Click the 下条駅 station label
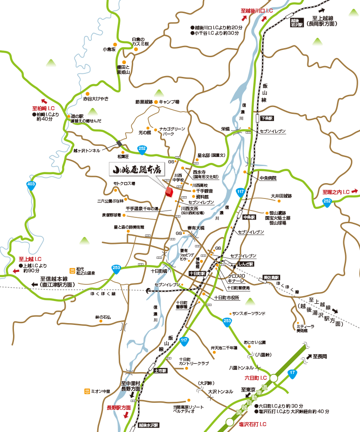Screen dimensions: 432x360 [x=267, y=118]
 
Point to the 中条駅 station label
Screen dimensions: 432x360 [x=248, y=217]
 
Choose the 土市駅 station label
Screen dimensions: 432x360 [x=160, y=371]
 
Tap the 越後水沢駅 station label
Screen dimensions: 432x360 [x=148, y=425]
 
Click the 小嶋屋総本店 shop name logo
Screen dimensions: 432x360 [x=137, y=170]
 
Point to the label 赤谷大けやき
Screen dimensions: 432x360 [x=96, y=98]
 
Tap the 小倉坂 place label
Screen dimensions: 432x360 [x=109, y=49]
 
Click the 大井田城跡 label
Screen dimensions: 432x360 [x=281, y=196]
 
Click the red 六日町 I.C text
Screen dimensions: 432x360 [x=256, y=377]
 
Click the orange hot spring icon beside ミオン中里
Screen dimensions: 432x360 [x=85, y=391]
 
